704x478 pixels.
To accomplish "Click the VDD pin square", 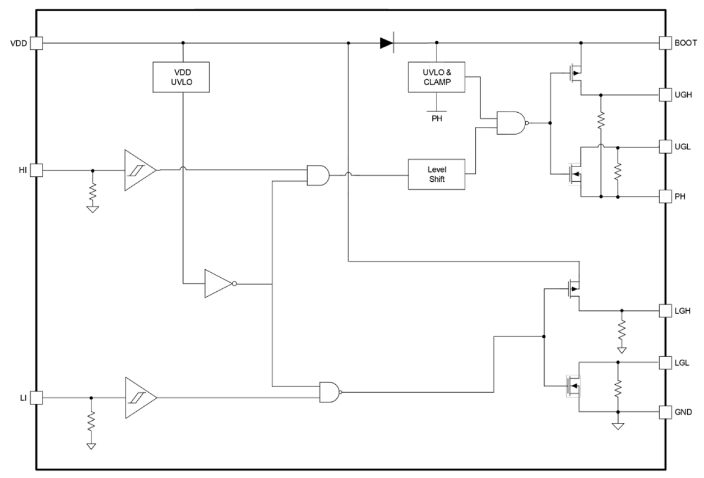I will tap(36, 43).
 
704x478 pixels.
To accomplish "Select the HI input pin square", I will tap(36, 170).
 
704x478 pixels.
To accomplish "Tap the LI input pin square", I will tap(36, 398).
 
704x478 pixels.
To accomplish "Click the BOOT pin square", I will tap(665, 43).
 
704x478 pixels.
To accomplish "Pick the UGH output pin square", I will tap(665, 94).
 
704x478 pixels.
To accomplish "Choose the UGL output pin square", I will tap(665, 146).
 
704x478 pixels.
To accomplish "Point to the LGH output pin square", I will tap(665, 310).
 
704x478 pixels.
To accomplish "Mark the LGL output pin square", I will tap(665, 362).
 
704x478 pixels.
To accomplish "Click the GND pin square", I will tap(665, 412).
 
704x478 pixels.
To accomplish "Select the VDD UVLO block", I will tap(181, 77).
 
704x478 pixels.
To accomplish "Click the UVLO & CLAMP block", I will tap(437, 77).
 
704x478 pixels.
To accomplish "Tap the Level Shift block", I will tap(437, 174).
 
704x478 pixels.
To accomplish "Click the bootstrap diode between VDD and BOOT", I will tap(387, 43).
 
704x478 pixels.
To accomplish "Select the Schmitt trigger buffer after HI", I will tap(139, 170).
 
